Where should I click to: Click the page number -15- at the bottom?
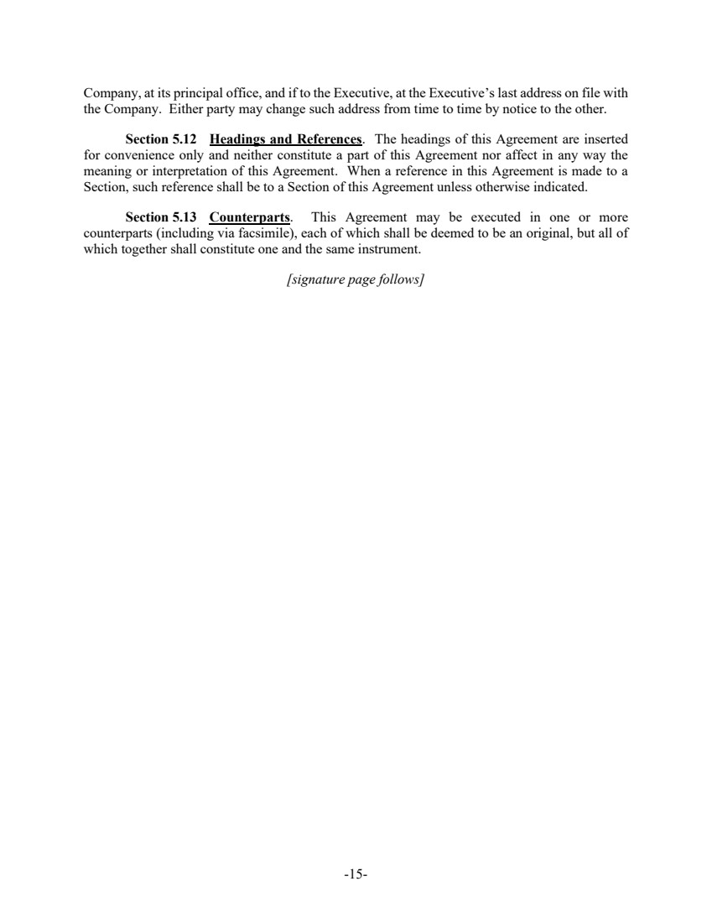(x=356, y=874)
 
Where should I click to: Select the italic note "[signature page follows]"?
(x=356, y=279)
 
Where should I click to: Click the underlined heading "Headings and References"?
(x=285, y=138)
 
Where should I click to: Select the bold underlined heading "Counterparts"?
(x=249, y=218)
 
